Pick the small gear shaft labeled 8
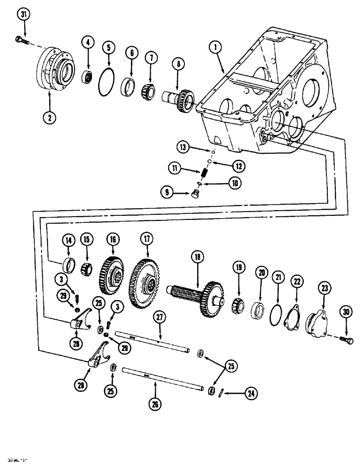tap(180, 98)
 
